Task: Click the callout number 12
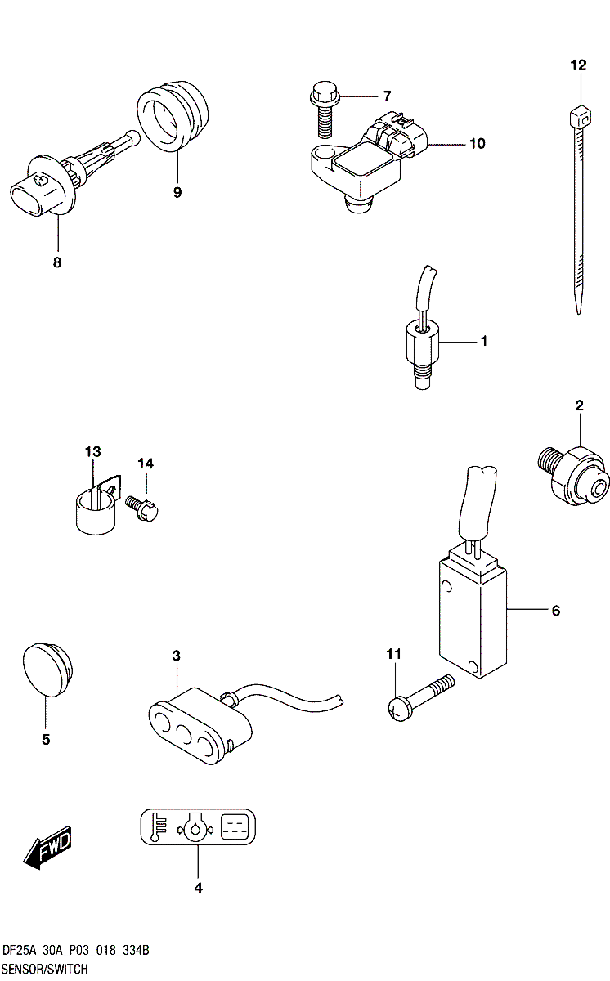[578, 65]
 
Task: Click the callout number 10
[477, 144]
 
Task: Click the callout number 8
[57, 262]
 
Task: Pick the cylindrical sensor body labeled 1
[423, 347]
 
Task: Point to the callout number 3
[175, 656]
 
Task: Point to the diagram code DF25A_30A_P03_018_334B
[76, 952]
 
